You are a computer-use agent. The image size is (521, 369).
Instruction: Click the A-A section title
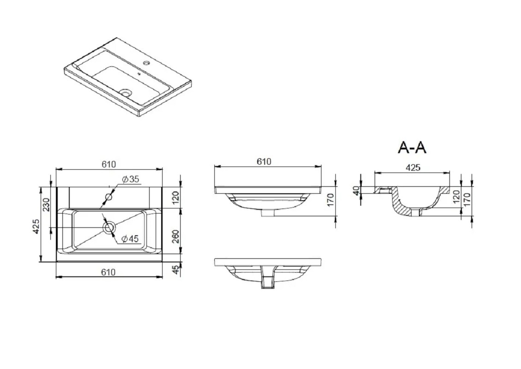412,147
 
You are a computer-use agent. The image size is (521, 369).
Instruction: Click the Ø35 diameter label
130,179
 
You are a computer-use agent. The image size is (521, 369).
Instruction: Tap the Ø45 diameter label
130,238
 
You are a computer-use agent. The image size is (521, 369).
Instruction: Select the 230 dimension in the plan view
46,205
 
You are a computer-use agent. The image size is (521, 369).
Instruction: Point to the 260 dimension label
176,236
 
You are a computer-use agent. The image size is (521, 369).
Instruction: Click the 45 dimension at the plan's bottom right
176,270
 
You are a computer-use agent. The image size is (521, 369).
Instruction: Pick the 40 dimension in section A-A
356,191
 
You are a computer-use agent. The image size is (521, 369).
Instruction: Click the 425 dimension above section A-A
413,167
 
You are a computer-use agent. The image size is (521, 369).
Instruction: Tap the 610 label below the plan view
109,272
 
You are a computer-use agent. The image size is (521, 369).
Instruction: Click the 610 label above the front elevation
264,161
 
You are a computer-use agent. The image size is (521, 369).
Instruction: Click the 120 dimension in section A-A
456,196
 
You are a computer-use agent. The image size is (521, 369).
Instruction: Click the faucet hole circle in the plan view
109,197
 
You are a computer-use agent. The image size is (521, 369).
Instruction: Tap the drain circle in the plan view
109,227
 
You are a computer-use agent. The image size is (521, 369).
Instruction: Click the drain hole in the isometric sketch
126,92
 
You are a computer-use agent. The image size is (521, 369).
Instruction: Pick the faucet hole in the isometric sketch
146,62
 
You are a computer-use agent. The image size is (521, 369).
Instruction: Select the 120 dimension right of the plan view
176,197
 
